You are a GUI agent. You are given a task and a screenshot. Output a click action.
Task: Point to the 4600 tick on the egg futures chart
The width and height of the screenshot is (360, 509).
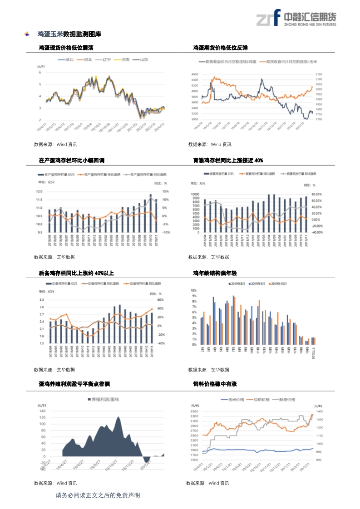click(x=195, y=74)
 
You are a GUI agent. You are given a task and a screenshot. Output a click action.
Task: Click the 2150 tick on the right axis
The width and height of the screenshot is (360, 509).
click(x=319, y=74)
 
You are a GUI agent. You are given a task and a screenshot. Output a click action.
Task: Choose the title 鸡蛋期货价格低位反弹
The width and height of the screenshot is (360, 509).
click(x=220, y=48)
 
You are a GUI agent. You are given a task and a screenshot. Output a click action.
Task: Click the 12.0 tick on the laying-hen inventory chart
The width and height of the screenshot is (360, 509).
click(x=39, y=191)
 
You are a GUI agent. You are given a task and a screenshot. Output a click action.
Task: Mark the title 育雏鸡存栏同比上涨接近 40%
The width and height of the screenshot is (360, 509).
click(x=228, y=161)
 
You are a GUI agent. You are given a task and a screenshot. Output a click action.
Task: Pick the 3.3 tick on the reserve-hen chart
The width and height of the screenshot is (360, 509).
click(x=41, y=300)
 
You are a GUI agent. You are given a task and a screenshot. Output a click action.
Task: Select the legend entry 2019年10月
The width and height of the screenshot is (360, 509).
click(x=279, y=284)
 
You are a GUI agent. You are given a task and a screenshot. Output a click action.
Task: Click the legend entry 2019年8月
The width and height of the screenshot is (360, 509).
click(x=238, y=284)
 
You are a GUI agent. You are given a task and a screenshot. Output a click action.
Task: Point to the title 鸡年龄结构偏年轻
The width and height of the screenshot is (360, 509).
click(x=215, y=273)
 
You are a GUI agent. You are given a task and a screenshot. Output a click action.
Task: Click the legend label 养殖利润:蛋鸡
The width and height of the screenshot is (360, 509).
click(x=104, y=400)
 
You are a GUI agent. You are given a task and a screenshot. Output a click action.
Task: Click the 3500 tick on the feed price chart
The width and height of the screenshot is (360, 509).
click(x=195, y=411)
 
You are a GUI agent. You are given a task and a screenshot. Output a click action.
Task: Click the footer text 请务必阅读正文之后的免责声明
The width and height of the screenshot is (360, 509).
click(x=98, y=495)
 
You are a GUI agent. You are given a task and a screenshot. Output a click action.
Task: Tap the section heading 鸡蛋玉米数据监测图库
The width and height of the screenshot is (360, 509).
click(x=69, y=34)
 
